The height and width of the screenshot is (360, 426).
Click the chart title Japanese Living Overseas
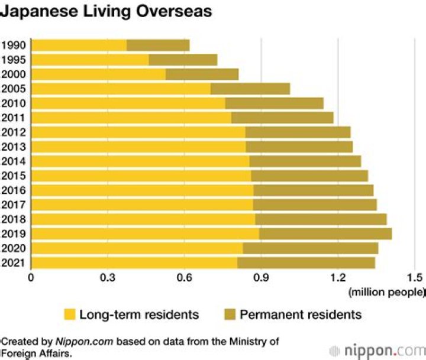(x=106, y=11)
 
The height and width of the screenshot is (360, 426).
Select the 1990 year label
(x=13, y=45)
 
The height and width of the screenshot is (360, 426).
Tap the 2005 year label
(x=13, y=89)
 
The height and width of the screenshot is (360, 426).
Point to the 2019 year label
(x=13, y=233)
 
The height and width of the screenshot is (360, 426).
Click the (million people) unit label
(x=386, y=291)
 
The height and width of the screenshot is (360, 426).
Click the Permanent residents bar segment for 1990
(x=158, y=45)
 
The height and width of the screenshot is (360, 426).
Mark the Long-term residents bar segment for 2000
(x=98, y=74)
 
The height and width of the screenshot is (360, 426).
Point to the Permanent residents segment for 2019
(x=325, y=233)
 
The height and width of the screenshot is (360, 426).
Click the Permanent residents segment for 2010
(x=274, y=103)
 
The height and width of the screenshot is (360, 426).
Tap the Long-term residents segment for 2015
(x=141, y=176)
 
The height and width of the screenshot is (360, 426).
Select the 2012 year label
(x=13, y=132)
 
